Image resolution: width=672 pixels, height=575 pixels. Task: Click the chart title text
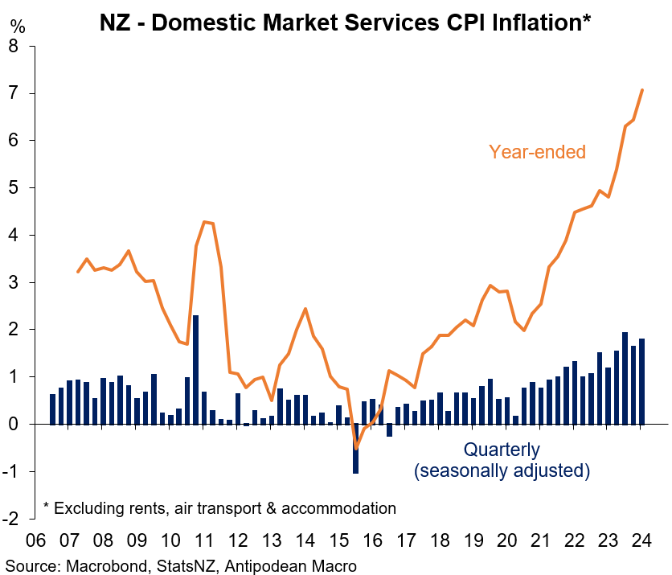pyautogui.click(x=345, y=22)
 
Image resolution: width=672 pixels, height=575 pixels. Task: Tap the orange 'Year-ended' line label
pyautogui.click(x=537, y=151)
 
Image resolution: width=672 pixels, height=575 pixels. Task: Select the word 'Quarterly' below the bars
pyautogui.click(x=502, y=450)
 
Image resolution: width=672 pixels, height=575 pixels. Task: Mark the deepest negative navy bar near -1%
pyautogui.click(x=355, y=449)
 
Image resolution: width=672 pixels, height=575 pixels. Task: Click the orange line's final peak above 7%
pyautogui.click(x=642, y=89)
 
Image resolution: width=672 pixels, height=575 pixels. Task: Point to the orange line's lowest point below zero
pyautogui.click(x=356, y=448)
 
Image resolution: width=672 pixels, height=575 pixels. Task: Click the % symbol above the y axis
pyautogui.click(x=18, y=27)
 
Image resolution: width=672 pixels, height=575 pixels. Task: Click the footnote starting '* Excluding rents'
pyautogui.click(x=219, y=508)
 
